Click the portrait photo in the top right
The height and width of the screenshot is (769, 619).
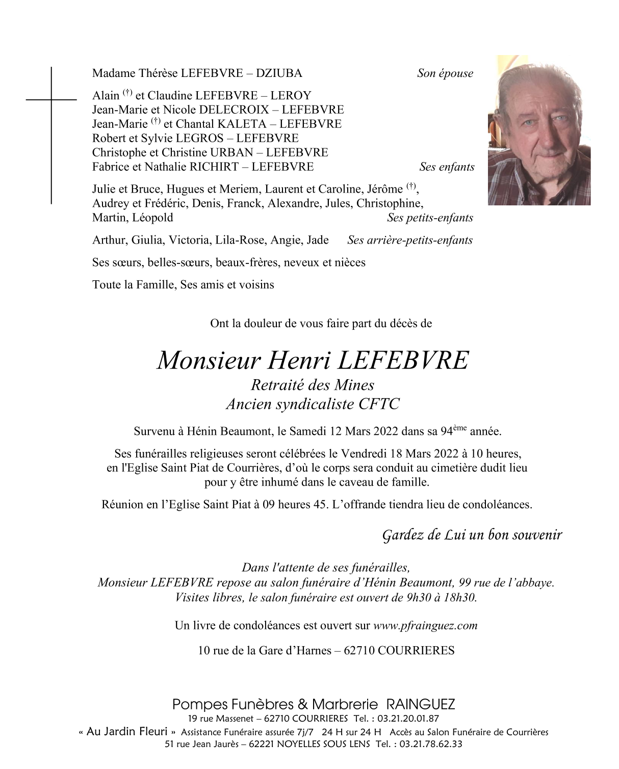(x=539, y=130)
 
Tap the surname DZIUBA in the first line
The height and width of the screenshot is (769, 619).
(x=279, y=73)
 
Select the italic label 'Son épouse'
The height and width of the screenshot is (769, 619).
(x=445, y=73)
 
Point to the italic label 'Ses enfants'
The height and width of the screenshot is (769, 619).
(x=447, y=167)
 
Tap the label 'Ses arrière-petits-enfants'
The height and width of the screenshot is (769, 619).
(x=409, y=240)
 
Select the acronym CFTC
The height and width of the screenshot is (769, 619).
(x=379, y=405)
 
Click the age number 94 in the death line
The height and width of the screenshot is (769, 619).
(x=446, y=432)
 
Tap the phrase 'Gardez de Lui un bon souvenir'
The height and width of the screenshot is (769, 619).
(x=472, y=535)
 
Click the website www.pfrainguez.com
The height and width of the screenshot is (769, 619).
(x=425, y=626)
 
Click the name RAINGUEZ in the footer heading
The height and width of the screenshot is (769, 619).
(x=421, y=705)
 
